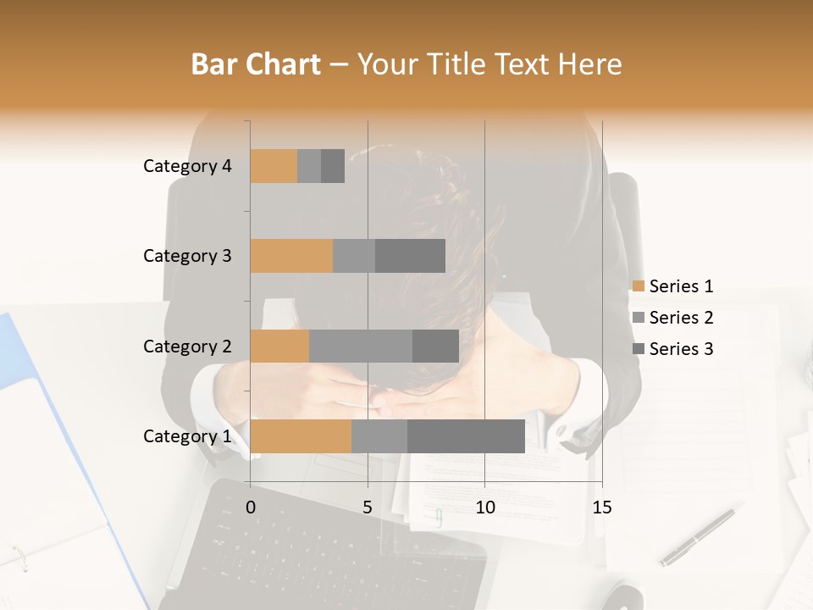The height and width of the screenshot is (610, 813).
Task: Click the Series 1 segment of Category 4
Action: (274, 166)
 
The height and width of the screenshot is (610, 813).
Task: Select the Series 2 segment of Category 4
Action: (309, 166)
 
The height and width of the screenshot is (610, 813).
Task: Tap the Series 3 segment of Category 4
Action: (333, 166)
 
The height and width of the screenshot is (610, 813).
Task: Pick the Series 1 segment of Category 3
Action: (291, 256)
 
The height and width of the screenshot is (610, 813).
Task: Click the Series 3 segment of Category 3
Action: (410, 256)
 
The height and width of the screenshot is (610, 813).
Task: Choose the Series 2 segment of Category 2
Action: (361, 346)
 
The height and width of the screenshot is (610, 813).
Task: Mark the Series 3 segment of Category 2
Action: (435, 346)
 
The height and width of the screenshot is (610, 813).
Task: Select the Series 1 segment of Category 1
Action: (301, 436)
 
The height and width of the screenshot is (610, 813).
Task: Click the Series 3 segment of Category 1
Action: (466, 436)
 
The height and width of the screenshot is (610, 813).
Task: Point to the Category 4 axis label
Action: (187, 166)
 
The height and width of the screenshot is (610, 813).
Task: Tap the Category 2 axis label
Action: (187, 347)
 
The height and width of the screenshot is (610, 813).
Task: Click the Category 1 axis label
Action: (187, 436)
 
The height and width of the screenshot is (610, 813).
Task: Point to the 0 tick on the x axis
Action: (251, 507)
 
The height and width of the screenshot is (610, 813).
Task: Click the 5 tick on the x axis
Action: (368, 507)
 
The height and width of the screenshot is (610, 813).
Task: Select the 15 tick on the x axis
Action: (601, 507)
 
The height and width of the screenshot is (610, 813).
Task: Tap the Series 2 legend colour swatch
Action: (638, 318)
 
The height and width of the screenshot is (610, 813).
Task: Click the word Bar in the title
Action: (213, 64)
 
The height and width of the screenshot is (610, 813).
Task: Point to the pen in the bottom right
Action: (697, 537)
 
